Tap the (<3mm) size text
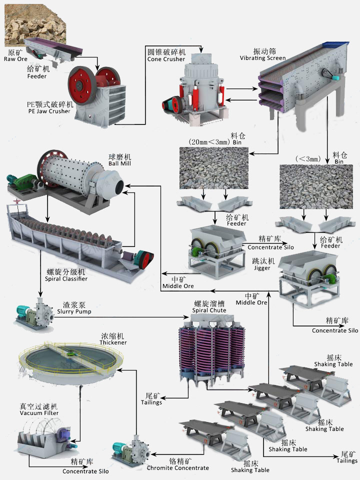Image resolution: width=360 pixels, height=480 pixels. point(308,159)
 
